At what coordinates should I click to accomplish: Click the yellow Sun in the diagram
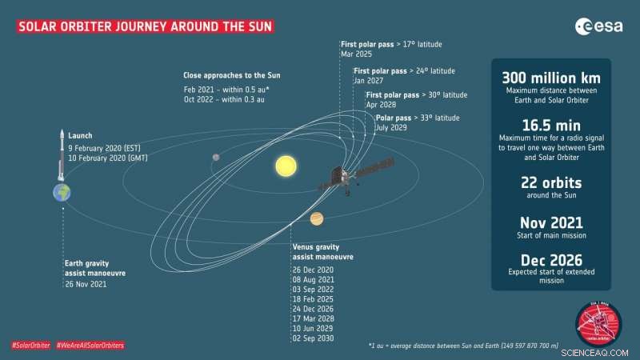click(285, 166)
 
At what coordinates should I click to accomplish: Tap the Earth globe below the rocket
click(62, 193)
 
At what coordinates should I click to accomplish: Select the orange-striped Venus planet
click(317, 219)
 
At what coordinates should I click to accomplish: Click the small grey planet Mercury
click(216, 158)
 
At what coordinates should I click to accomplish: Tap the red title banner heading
click(145, 26)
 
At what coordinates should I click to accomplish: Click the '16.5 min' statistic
click(551, 126)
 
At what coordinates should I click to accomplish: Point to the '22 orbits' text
click(551, 182)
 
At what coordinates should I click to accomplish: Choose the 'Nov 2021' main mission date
click(551, 222)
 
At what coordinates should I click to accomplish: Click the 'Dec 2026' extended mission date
click(551, 260)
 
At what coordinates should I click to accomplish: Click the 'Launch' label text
click(80, 136)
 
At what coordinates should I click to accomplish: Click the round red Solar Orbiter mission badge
click(598, 324)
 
